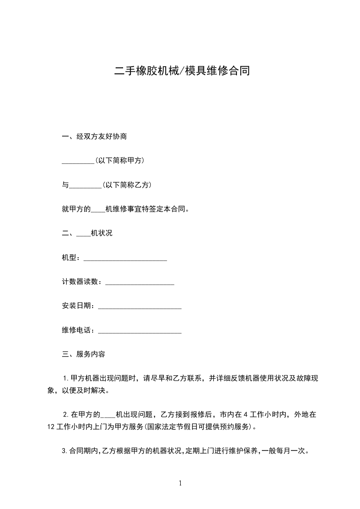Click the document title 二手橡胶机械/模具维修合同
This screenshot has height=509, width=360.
tap(181, 72)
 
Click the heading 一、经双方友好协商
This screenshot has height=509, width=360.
tap(98, 136)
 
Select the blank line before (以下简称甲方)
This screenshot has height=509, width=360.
tap(78, 162)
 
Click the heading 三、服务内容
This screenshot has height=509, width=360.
tap(84, 354)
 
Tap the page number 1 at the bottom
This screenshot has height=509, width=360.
tap(180, 484)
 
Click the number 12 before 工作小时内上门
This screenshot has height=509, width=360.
tap(51, 426)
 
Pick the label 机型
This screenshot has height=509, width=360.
tap(69, 258)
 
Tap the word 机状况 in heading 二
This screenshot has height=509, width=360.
tap(102, 234)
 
